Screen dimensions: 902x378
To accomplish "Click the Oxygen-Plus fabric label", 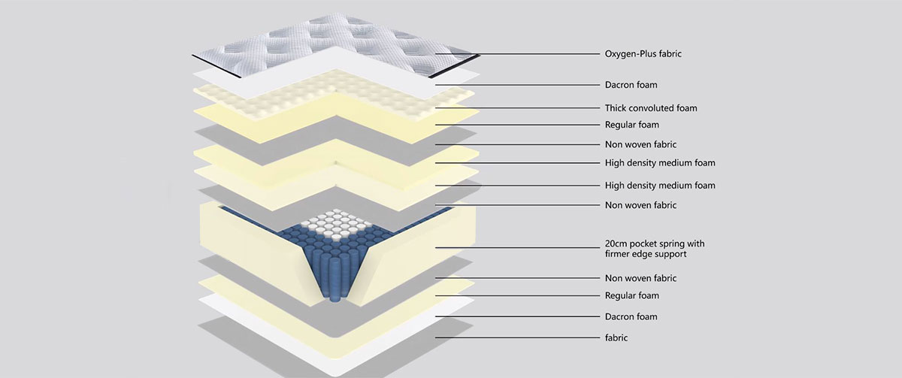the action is (x=643, y=54).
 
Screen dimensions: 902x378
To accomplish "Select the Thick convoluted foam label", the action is (x=651, y=108).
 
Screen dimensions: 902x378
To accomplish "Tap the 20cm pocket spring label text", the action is (x=655, y=249).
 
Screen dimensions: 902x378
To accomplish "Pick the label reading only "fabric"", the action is (x=616, y=337).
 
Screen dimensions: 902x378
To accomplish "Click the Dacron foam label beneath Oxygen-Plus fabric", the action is (x=631, y=85).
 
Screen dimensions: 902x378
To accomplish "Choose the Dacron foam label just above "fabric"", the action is (x=631, y=317).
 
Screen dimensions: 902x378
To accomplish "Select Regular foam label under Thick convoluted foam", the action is (x=632, y=125).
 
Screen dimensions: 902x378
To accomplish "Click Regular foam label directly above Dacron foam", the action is (x=632, y=295).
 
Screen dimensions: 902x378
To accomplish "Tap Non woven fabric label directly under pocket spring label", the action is (x=640, y=278).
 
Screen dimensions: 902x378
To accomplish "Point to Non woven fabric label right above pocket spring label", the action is (x=640, y=205).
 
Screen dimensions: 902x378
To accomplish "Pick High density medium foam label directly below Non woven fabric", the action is (x=660, y=163).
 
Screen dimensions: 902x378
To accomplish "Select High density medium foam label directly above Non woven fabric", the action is (x=660, y=186).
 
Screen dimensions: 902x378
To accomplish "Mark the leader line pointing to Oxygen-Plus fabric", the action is (x=517, y=54).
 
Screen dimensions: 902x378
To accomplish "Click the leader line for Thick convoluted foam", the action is (x=517, y=108).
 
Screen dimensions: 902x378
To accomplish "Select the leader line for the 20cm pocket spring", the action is (x=517, y=247).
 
